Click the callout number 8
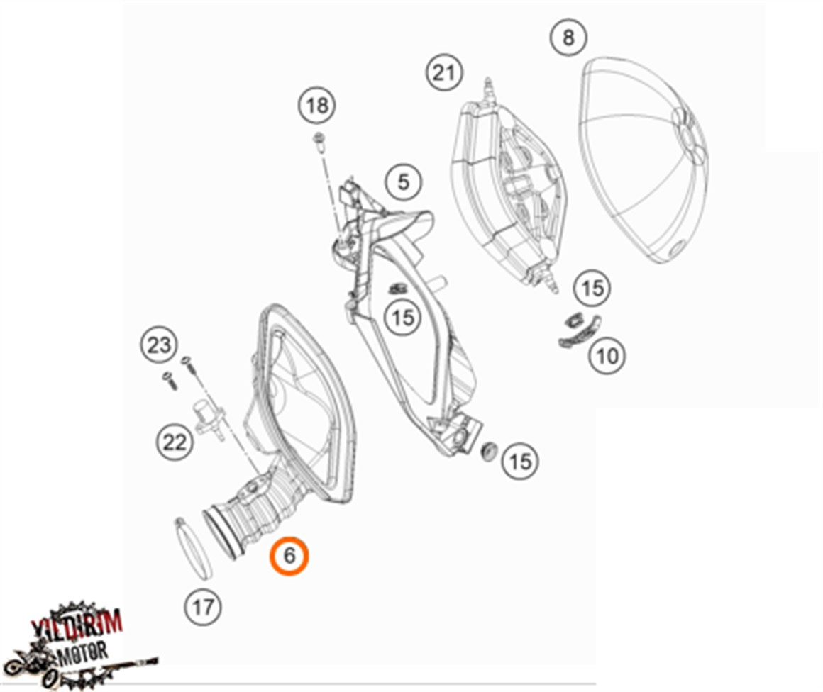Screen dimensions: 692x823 [568, 37]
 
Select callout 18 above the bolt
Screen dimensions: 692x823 [317, 106]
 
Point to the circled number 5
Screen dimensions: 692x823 [403, 182]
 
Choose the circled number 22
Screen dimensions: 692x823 [175, 442]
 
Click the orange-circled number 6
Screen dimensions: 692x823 [289, 556]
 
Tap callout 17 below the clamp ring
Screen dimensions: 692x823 [203, 606]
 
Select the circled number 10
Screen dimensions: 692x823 [607, 355]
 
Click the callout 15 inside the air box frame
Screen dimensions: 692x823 [402, 317]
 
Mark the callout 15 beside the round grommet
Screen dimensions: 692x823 [520, 462]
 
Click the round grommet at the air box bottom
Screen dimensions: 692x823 [487, 451]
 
